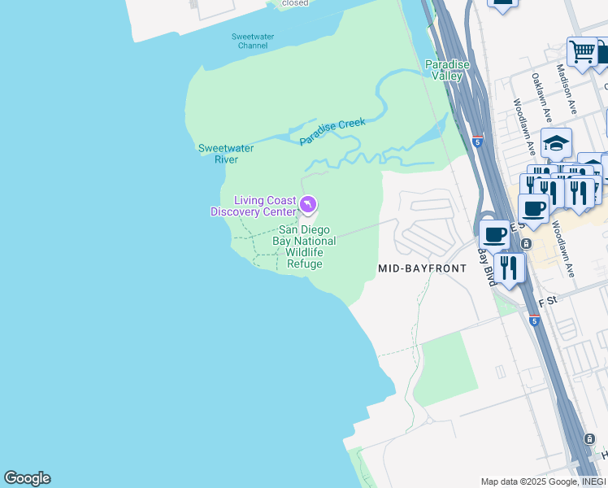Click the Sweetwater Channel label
pyautogui.click(x=253, y=41)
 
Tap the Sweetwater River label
pyautogui.click(x=226, y=154)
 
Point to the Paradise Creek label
pyautogui.click(x=332, y=132)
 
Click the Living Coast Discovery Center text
pyautogui.click(x=254, y=207)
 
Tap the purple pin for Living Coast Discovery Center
pyautogui.click(x=307, y=205)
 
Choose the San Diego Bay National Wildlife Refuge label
pyautogui.click(x=304, y=247)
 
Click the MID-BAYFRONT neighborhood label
pyautogui.click(x=422, y=268)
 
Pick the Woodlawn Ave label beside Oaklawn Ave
pyautogui.click(x=523, y=128)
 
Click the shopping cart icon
pyautogui.click(x=582, y=51)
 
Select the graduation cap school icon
pyautogui.click(x=556, y=143)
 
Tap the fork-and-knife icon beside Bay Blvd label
pyautogui.click(x=509, y=266)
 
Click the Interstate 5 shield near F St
pyautogui.click(x=534, y=321)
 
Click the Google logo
pyautogui.click(x=27, y=478)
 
